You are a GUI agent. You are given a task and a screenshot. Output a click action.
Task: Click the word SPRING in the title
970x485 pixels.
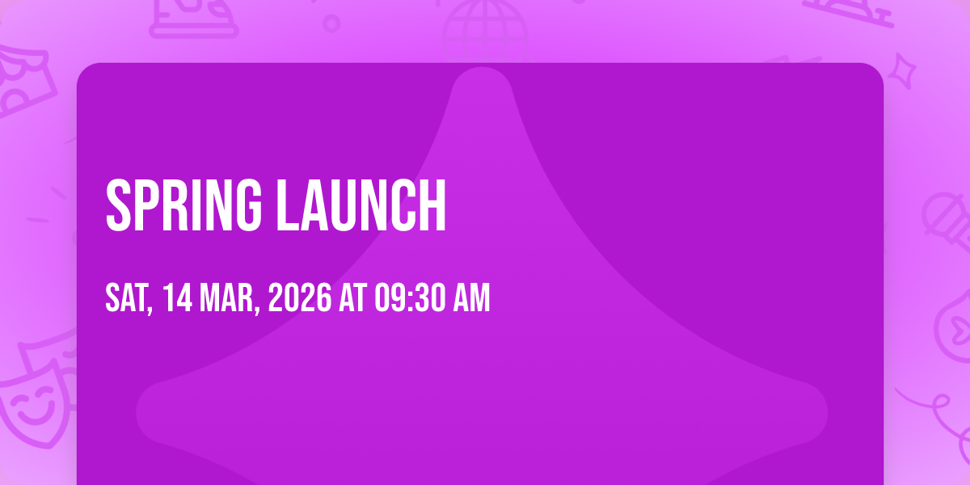tap(184, 205)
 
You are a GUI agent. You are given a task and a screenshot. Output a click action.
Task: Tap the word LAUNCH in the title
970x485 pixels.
tap(361, 205)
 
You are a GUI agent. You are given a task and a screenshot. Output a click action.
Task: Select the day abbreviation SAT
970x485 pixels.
tap(129, 298)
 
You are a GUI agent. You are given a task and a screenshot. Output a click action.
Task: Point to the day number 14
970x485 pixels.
tap(178, 297)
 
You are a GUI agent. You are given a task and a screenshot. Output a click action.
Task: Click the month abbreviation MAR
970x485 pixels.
tap(230, 298)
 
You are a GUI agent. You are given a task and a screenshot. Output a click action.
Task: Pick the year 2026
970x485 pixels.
tap(300, 297)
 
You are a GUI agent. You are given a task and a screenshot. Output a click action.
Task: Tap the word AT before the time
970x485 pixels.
tap(353, 297)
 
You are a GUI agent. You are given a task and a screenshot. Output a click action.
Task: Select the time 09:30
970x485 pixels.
tap(410, 297)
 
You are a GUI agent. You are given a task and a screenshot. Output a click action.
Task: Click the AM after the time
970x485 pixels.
tap(471, 297)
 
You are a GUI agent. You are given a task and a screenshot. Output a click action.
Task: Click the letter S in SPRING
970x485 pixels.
tap(118, 205)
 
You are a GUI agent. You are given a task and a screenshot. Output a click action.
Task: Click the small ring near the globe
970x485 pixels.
tap(331, 23)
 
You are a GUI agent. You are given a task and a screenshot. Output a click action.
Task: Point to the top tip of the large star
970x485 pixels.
tap(482, 68)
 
